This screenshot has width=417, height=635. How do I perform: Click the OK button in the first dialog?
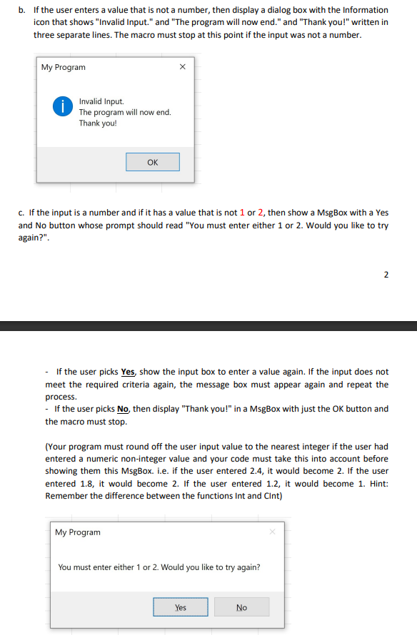[152, 162]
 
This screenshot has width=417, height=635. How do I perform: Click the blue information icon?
[64, 107]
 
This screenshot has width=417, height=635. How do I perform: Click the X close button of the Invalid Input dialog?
[182, 67]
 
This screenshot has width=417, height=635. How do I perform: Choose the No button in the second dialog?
[241, 607]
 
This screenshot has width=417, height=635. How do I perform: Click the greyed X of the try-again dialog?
[272, 532]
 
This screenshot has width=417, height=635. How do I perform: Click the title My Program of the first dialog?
[63, 67]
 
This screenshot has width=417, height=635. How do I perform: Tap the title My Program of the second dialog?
[78, 532]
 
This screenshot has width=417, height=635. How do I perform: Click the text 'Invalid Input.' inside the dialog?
[101, 101]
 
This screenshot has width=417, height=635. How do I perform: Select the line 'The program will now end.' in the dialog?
[125, 112]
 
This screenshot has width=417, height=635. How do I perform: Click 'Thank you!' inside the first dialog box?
[98, 123]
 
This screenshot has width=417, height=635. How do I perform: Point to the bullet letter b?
[21, 10]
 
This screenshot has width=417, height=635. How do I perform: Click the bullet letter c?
[21, 212]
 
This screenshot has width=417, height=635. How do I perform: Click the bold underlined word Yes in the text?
[128, 372]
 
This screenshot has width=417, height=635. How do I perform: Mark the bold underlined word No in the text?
[122, 409]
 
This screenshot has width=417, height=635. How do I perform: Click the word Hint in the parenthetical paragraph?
[356, 484]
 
